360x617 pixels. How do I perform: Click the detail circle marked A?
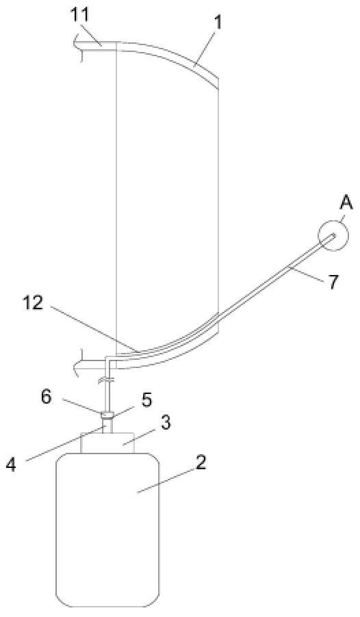pyautogui.click(x=333, y=235)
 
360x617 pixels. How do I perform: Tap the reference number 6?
pyautogui.click(x=46, y=397)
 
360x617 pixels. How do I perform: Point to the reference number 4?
pyautogui.click(x=12, y=464)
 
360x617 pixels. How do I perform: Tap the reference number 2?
pyautogui.click(x=201, y=462)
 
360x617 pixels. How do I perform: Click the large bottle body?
pyautogui.click(x=107, y=529)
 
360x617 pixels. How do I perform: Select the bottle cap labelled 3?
pyautogui.click(x=107, y=443)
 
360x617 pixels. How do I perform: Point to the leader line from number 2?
pyautogui.click(x=166, y=480)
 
